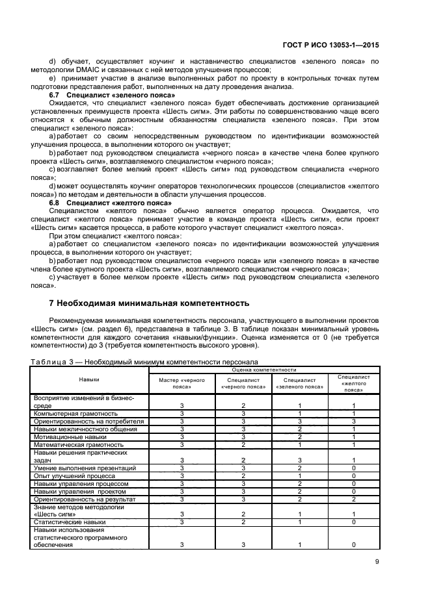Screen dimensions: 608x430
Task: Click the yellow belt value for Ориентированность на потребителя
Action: coord(353,421)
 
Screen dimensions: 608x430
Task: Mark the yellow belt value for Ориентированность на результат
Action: coord(353,498)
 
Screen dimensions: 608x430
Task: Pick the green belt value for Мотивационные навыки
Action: coord(299,437)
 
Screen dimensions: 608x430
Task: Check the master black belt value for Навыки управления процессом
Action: coord(181,483)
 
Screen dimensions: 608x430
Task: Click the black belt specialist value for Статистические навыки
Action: coord(243,521)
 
